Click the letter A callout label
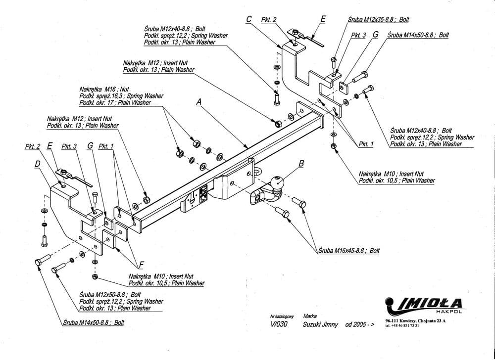[199, 102]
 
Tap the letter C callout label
[249, 19]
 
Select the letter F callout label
[142, 265]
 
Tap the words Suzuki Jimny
[321, 324]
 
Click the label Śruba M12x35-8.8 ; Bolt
[378, 19]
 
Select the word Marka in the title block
[310, 315]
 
